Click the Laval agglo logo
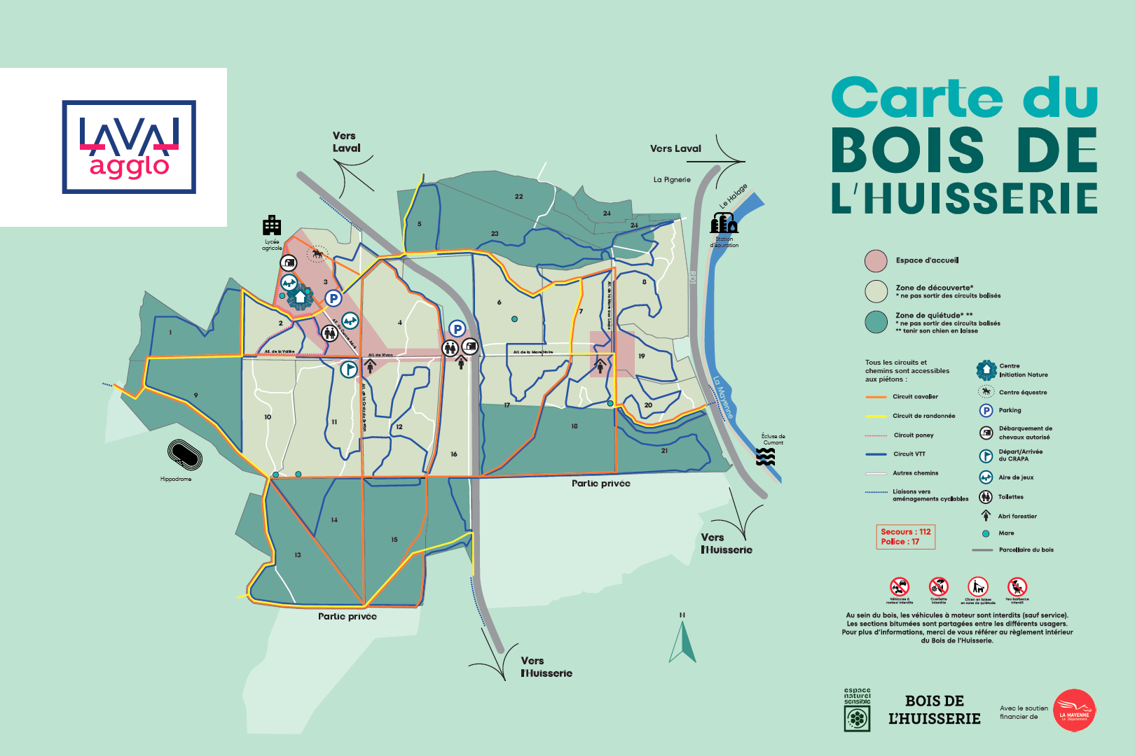coord(129,147)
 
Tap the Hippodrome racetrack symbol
coord(184,455)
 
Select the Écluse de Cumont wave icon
coord(766,457)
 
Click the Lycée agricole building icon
coord(272,226)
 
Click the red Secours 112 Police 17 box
coord(905,537)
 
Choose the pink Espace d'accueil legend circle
coord(876,260)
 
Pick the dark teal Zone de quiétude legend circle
coord(876,322)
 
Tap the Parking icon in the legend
coord(986,410)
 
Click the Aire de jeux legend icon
coord(986,477)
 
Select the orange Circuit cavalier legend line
coord(876,397)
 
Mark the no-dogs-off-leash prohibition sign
coord(978,587)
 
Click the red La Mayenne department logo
coord(1074,710)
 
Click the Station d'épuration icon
coord(724,224)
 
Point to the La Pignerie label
coord(672,180)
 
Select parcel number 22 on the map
coord(518,197)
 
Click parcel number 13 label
coord(298,555)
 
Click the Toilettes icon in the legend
coord(986,497)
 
